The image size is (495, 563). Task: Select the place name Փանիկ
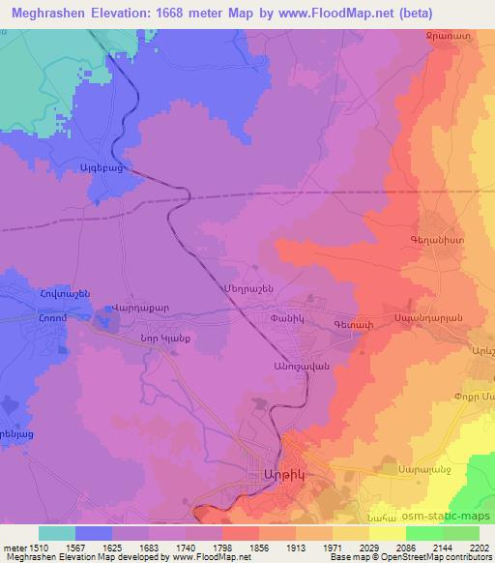[x=289, y=316]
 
